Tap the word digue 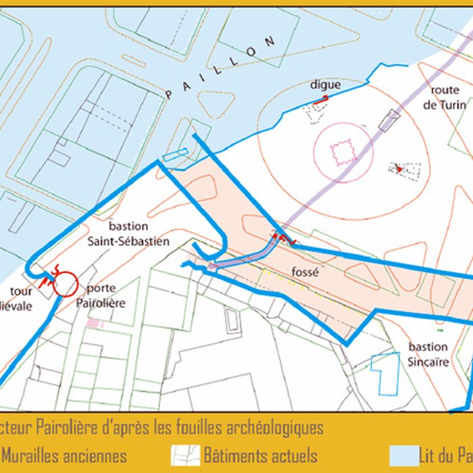(x=325, y=85)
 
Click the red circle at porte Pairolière (x=66, y=284)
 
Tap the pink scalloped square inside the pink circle (x=342, y=151)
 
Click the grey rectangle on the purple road (x=389, y=120)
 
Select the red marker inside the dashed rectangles (x=401, y=169)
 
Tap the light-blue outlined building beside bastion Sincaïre (x=387, y=374)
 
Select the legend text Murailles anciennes (x=64, y=456)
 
